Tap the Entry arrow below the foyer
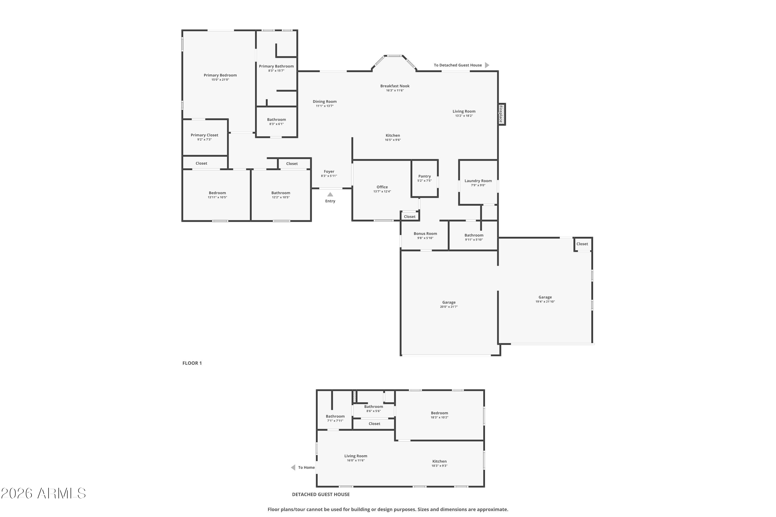[x=330, y=195]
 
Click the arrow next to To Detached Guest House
[x=487, y=65]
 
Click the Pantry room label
[x=424, y=176]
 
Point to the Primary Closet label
[x=204, y=135]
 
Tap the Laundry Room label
[x=478, y=181]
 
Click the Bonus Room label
[x=425, y=234]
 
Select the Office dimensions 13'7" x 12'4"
[x=382, y=192]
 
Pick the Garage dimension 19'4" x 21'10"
[x=545, y=302]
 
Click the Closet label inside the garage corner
[x=582, y=244]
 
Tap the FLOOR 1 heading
[x=192, y=363]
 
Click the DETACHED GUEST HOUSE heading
[x=321, y=494]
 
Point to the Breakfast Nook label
[x=395, y=86]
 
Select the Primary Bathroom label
[x=276, y=66]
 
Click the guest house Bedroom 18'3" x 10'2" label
[x=439, y=413]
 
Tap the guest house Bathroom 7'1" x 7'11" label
[x=335, y=416]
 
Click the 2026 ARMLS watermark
[x=43, y=493]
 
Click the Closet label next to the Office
[x=409, y=217]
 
